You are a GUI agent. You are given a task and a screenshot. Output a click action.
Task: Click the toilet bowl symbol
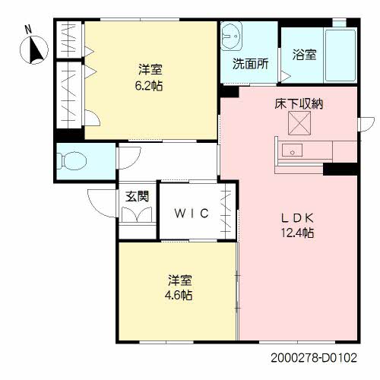pos(71,160)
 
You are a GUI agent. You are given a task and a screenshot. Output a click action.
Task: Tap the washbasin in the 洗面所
pos(231,36)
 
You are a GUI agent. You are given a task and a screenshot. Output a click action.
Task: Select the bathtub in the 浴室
pos(340,55)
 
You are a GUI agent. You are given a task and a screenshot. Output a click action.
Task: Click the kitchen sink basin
pos(292,150)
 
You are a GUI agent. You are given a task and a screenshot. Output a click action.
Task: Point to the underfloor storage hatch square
pos(299,123)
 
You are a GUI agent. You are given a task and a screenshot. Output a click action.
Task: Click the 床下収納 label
pos(299,103)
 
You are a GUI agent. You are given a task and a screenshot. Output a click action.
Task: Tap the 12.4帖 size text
pos(297,233)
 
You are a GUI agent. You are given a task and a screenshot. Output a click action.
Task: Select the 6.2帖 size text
pos(149,86)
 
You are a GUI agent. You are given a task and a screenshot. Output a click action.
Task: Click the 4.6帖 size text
pos(179,295)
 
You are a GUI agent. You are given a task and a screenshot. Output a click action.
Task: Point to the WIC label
pos(192,214)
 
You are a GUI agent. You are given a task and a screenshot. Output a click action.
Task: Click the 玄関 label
pos(137,196)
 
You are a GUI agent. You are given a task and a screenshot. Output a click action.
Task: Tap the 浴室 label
pos(304,55)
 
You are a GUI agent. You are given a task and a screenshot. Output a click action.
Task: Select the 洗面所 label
pos(250,64)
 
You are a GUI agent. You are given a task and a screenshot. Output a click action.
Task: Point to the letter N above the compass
pos(28,30)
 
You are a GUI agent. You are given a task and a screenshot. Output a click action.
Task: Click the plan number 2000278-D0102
pos(314,358)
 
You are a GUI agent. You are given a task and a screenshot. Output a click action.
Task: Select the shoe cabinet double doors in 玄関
pos(137,214)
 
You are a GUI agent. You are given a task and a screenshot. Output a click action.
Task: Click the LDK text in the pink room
pos(297,218)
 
